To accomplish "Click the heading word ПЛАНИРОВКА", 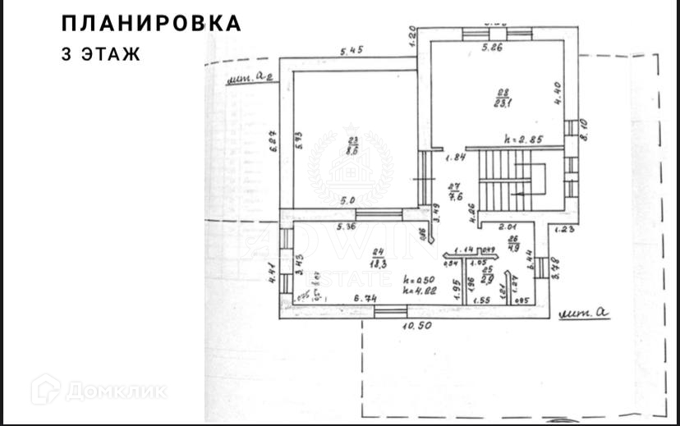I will pos(152,24).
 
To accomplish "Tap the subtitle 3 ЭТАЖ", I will pos(101,55).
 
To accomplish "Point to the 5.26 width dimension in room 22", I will pos(493,48).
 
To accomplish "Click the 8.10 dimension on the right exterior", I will pos(583,130).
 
